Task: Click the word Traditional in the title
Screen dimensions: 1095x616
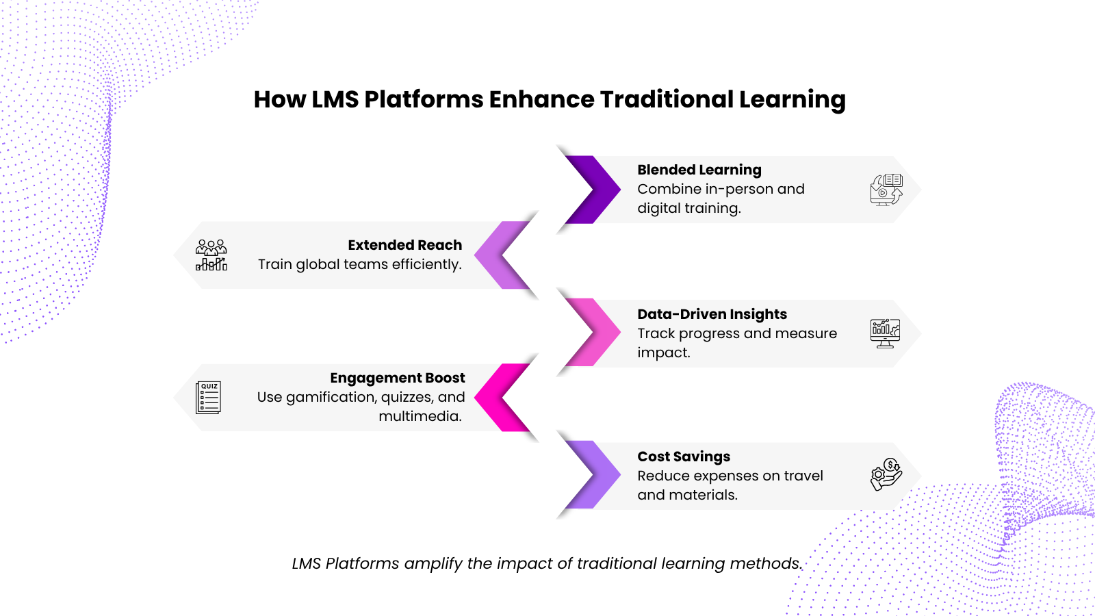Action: [x=667, y=99]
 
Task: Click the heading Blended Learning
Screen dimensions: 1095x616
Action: [x=699, y=170]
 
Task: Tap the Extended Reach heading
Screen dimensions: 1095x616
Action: [x=404, y=245]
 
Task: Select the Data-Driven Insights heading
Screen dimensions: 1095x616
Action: [x=712, y=314]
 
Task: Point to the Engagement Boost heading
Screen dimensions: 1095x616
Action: [x=398, y=378]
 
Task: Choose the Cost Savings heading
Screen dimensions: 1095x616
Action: [x=684, y=456]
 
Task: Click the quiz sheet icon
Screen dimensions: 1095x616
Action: [x=208, y=398]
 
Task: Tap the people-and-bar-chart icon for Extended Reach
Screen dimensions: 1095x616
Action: [x=211, y=255]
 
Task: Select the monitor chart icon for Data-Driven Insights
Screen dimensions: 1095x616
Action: [x=885, y=333]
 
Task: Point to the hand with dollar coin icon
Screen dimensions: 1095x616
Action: [x=886, y=474]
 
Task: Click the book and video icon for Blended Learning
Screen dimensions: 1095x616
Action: [x=886, y=190]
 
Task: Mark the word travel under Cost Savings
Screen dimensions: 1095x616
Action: [x=803, y=476]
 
